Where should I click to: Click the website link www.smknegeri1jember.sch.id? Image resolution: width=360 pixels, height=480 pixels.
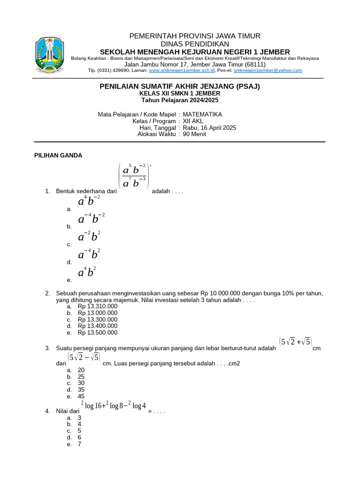[x=181, y=70]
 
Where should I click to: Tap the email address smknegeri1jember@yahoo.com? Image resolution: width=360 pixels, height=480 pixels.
[x=268, y=70]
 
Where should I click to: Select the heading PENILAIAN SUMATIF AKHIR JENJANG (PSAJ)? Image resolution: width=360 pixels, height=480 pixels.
[x=180, y=86]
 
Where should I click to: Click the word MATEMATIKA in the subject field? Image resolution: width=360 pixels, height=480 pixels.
[x=202, y=114]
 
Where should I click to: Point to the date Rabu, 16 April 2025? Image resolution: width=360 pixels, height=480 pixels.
[x=210, y=127]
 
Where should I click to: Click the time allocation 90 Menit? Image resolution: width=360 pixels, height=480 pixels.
[x=194, y=134]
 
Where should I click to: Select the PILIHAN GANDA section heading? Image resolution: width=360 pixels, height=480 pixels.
[x=59, y=156]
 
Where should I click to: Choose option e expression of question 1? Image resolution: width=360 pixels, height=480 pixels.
[x=87, y=272]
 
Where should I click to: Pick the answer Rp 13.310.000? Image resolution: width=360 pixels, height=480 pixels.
[x=97, y=306]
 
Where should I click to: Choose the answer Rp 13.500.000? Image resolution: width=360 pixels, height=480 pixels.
[x=97, y=332]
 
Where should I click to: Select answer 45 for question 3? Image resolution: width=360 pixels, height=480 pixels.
[x=81, y=396]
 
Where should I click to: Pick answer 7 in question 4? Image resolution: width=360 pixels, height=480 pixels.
[x=80, y=444]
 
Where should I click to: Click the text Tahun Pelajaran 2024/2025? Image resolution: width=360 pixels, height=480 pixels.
[x=180, y=100]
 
